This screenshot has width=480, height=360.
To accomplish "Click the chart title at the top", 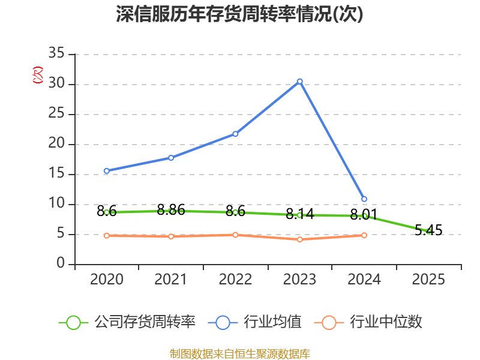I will [239, 14].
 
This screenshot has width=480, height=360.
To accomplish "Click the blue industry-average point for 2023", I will [300, 81].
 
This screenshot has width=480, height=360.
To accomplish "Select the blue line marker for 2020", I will [106, 171].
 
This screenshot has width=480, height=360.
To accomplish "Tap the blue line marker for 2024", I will [364, 199].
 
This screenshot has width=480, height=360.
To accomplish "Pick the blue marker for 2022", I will [235, 134].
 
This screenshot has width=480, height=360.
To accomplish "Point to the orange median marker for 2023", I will [300, 239].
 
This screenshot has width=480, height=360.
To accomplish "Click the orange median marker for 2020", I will [106, 235].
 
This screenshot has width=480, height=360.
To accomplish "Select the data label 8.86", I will [171, 210].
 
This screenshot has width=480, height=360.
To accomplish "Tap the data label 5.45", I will [428, 230].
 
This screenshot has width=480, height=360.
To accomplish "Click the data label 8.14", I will [300, 214].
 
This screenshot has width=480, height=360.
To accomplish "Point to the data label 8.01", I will [364, 214].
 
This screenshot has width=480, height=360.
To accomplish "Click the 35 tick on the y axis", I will [56, 54].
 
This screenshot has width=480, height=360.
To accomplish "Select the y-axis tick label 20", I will [56, 144].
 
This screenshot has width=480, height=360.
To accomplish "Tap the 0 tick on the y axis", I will [61, 264].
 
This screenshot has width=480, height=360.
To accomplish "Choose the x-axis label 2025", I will [428, 280].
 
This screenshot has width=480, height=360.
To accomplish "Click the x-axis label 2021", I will [171, 280].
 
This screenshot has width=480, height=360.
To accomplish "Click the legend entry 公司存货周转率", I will [144, 322].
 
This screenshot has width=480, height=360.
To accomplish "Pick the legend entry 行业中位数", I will [386, 322].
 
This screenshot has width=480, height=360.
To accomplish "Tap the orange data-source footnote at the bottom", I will [239, 353].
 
